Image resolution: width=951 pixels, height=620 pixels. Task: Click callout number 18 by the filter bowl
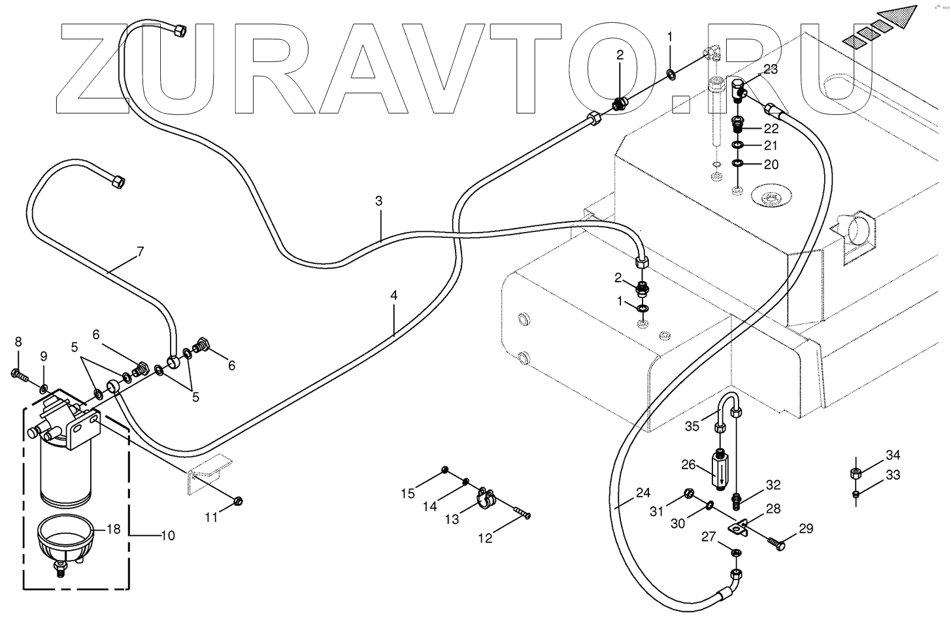click(x=114, y=529)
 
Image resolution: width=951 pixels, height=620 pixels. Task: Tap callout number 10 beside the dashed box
click(x=167, y=536)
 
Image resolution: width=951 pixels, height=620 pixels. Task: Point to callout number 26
click(x=688, y=465)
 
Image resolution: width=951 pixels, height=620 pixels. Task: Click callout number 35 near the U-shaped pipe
click(x=692, y=427)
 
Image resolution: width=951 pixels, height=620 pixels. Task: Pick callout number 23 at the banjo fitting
click(x=771, y=70)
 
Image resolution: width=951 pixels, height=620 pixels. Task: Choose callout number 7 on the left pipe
click(x=139, y=251)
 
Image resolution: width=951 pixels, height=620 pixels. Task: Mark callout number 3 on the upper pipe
click(x=378, y=201)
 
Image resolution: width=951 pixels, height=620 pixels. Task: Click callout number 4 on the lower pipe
click(x=393, y=295)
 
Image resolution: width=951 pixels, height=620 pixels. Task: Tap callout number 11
click(x=210, y=517)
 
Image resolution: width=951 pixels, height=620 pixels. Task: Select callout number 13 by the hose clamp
click(x=452, y=519)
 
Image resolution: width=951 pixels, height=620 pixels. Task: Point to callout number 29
click(x=806, y=529)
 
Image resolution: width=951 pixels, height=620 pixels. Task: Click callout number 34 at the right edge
click(x=893, y=455)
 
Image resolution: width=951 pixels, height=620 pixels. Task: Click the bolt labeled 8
click(x=18, y=374)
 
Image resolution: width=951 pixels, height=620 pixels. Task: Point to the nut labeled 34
click(x=856, y=473)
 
